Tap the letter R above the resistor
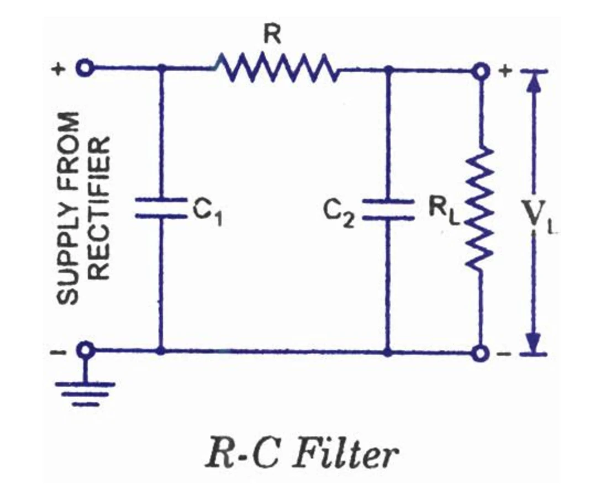click(272, 35)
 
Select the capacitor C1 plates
click(161, 208)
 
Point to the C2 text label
click(339, 214)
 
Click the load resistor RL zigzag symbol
click(480, 208)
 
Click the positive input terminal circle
click(85, 69)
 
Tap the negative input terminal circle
click(86, 350)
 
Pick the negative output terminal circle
click(481, 353)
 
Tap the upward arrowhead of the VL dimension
click(534, 83)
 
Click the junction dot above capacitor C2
click(389, 70)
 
